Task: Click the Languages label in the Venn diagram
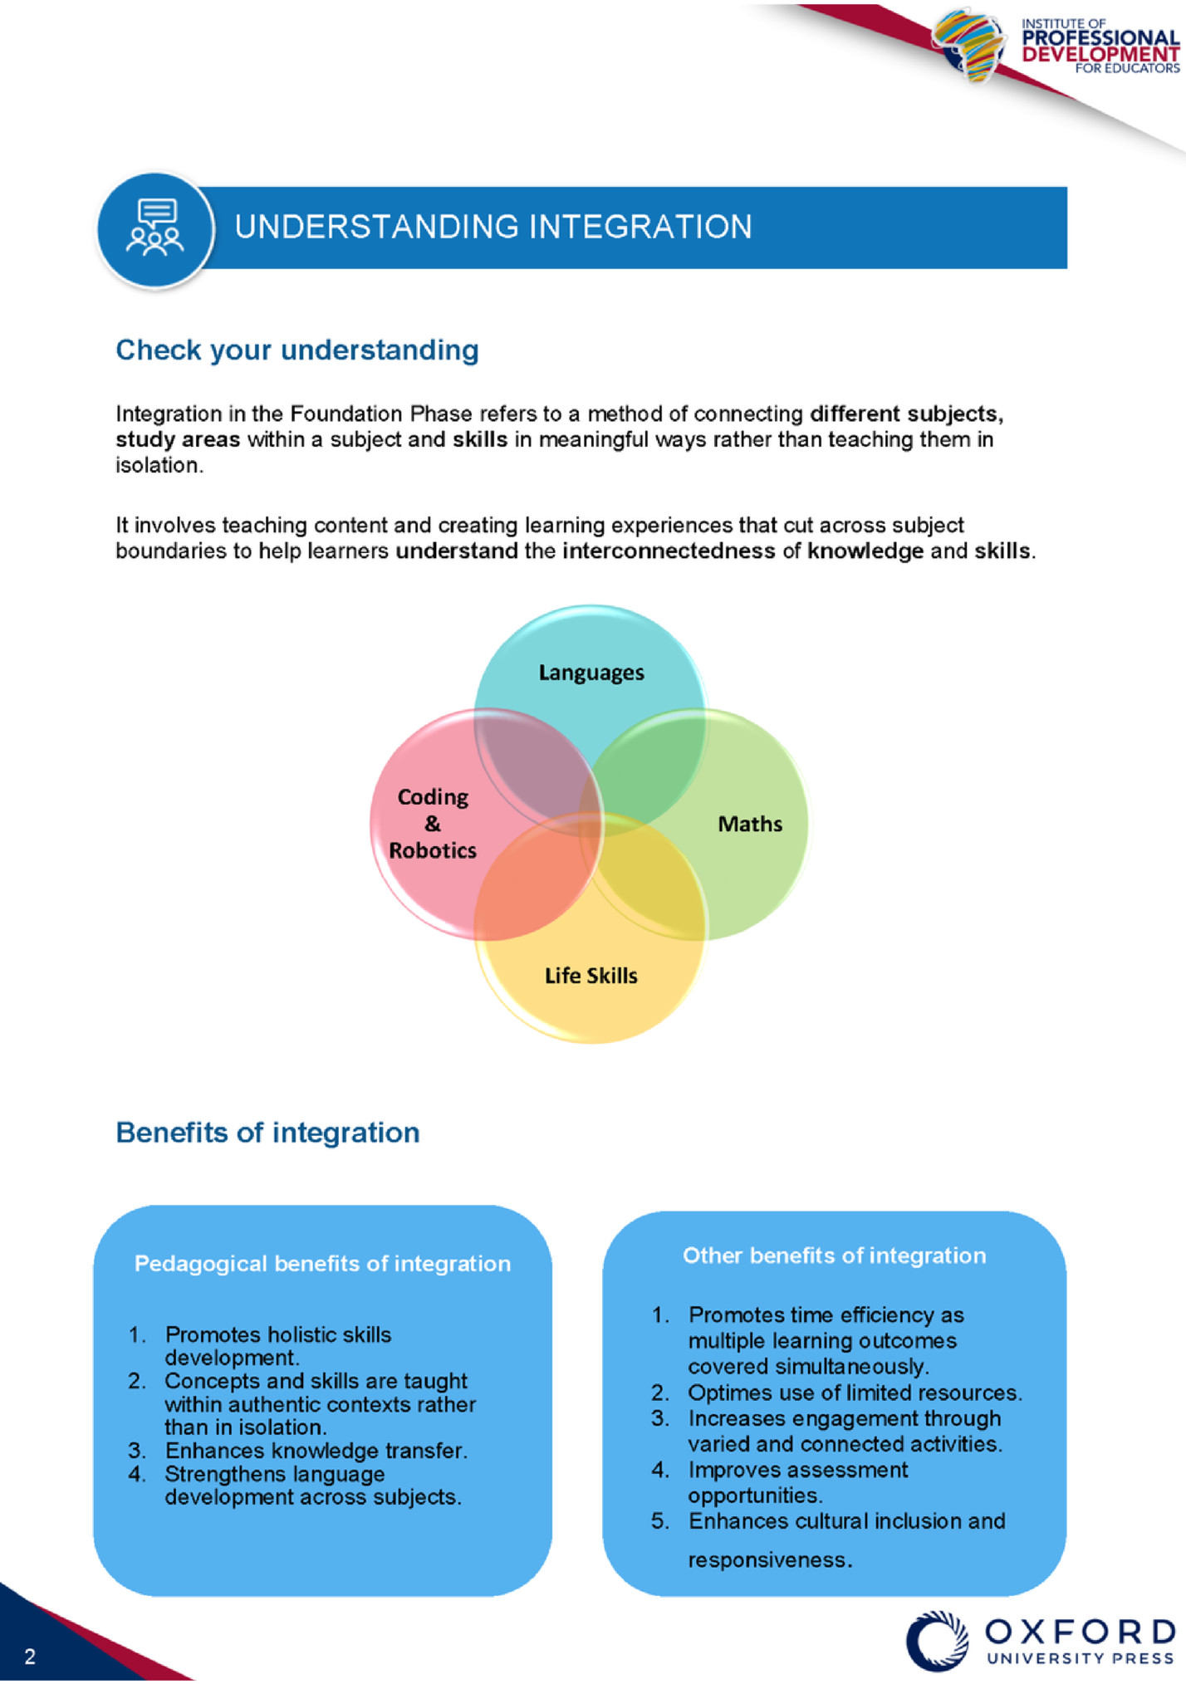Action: (591, 673)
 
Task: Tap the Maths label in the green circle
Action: (749, 824)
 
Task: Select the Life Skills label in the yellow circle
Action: (591, 976)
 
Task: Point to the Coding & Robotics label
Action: (433, 824)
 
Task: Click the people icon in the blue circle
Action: (154, 229)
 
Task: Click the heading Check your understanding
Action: (296, 350)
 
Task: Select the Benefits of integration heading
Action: (267, 1133)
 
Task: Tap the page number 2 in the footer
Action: (30, 1657)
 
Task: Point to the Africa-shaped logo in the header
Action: (969, 46)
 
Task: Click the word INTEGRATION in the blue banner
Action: (640, 228)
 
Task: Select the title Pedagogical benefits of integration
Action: (322, 1264)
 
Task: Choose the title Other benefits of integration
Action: (834, 1256)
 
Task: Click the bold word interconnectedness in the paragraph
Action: (669, 551)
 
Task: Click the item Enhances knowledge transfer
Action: (316, 1451)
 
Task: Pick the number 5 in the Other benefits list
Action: (659, 1521)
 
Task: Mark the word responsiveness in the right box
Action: (768, 1560)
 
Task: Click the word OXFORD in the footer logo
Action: (1080, 1633)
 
